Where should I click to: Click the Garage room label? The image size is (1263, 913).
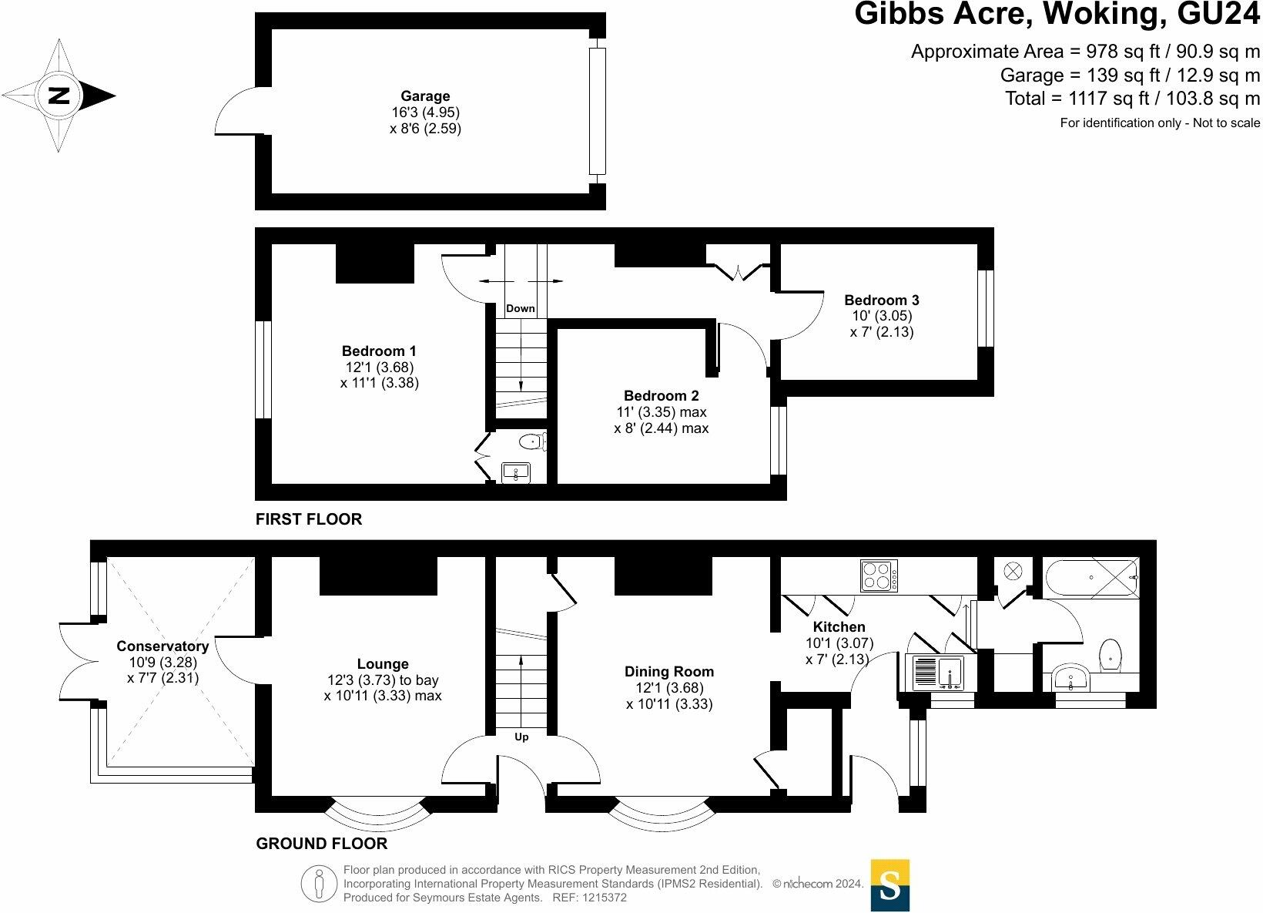pos(425,96)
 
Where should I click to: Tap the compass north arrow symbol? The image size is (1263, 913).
pos(59,96)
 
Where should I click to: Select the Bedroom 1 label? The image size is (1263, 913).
pos(379,351)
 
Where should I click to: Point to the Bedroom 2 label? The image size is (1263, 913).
pos(661,396)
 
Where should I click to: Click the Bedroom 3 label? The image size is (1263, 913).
pos(881,300)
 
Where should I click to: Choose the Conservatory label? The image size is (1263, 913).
pos(162,646)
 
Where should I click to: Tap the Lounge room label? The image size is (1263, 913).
pos(383,664)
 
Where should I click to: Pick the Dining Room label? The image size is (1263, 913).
pos(668,672)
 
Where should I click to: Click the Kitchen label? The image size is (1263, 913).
pos(839,627)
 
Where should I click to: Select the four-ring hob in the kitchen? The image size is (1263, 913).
pos(878,576)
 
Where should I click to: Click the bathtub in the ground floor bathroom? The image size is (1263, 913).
pos(1090,577)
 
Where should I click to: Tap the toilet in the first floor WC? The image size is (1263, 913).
pos(532,441)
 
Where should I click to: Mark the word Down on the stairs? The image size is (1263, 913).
pos(521,309)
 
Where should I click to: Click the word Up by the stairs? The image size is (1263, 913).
pos(521,737)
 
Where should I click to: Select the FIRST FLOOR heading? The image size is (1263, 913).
pos(308,519)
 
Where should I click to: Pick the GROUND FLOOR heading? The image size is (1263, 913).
pos(321,844)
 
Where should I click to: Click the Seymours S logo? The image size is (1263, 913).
pos(889,885)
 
